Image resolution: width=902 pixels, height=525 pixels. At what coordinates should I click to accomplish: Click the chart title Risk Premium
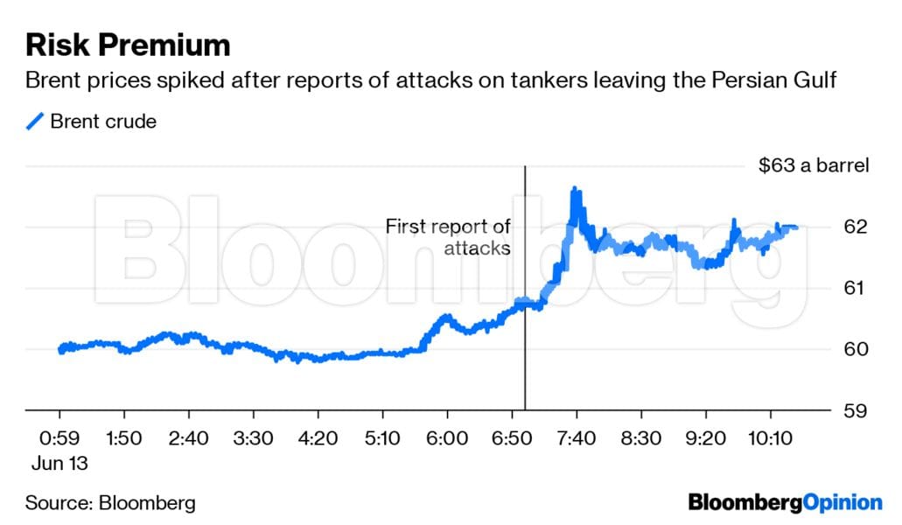pyautogui.click(x=128, y=45)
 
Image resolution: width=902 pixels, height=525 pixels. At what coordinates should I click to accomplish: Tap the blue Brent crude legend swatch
pyautogui.click(x=35, y=122)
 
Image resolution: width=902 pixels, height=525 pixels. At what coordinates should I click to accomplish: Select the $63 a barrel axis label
pyautogui.click(x=813, y=166)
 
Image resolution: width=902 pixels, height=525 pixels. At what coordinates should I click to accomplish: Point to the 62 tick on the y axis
pyautogui.click(x=856, y=227)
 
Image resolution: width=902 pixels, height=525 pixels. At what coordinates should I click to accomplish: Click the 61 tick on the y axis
pyautogui.click(x=856, y=289)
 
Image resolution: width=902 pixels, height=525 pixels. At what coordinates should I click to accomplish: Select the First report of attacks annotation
pyautogui.click(x=449, y=237)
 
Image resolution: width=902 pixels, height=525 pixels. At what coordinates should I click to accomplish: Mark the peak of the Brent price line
pyautogui.click(x=574, y=189)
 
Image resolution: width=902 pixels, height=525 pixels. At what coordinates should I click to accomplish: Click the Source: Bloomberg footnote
pyautogui.click(x=110, y=503)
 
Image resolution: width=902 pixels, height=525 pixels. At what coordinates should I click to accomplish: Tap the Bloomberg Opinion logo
pyautogui.click(x=785, y=502)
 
